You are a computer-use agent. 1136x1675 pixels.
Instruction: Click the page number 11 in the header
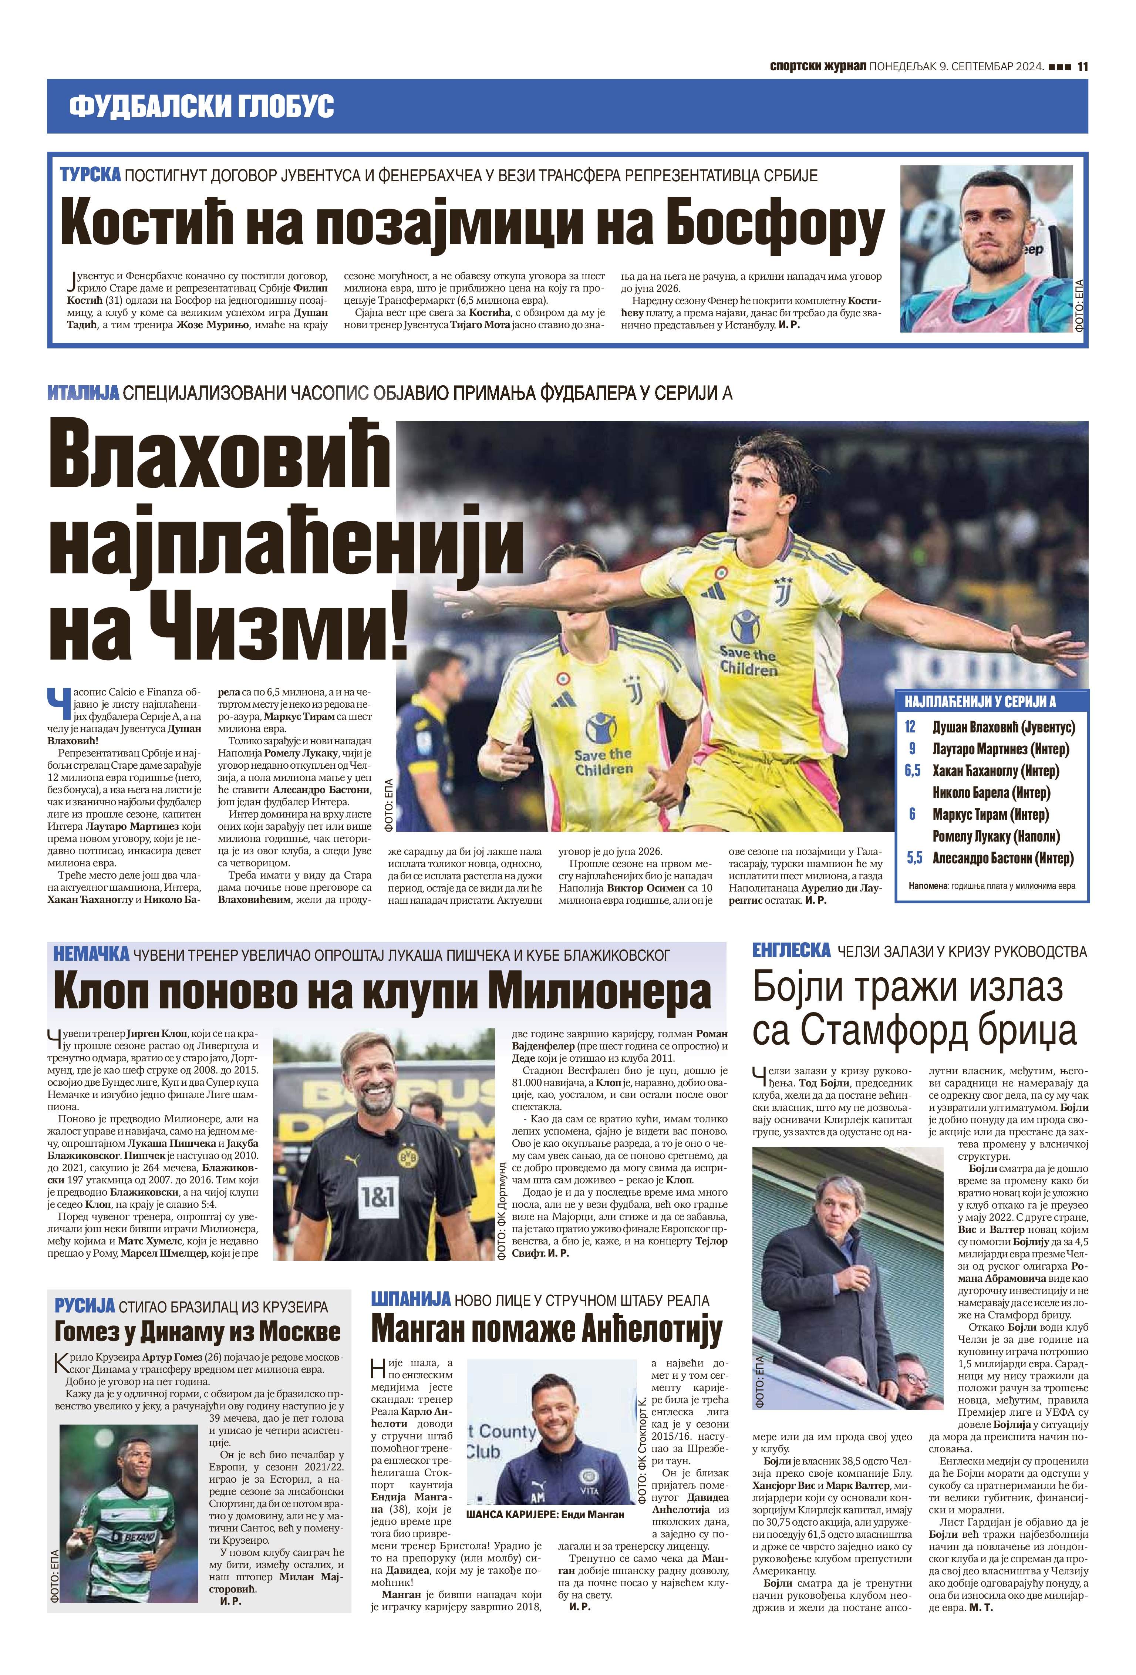[1082, 66]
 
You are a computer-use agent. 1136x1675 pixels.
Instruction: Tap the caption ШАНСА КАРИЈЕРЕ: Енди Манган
[545, 1514]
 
